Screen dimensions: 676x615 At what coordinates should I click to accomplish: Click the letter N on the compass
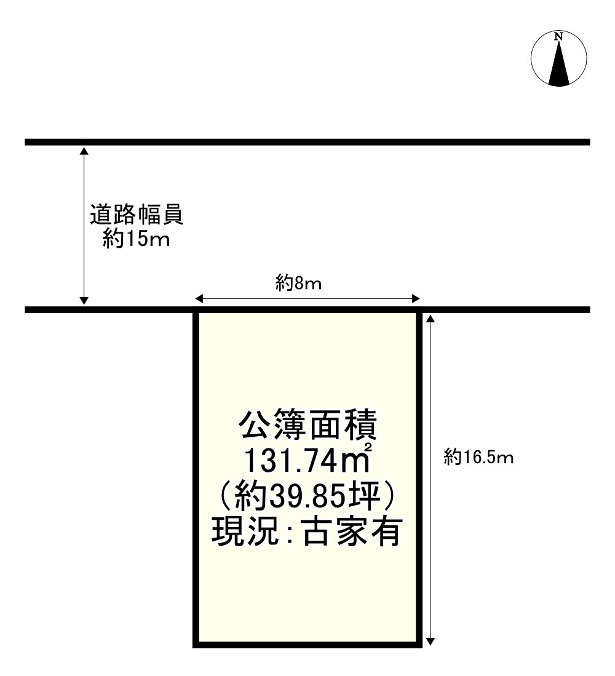click(558, 37)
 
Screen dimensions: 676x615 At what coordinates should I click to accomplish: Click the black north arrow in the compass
click(558, 64)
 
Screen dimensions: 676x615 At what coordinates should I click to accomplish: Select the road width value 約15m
click(137, 239)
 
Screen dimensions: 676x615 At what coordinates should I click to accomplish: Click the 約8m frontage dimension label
click(299, 284)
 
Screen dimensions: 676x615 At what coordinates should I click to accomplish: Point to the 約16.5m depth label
click(478, 457)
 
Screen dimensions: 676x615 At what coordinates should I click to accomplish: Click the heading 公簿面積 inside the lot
click(307, 426)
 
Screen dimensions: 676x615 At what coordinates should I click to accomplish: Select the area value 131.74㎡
click(307, 460)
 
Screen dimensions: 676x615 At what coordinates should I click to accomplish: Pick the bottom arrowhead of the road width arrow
click(84, 301)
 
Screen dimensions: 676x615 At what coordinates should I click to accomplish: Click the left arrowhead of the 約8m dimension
click(199, 299)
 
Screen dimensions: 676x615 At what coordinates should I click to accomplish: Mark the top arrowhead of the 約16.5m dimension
click(430, 318)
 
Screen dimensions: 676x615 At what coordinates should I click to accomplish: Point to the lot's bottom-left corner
click(196, 645)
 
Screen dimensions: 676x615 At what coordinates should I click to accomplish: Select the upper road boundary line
click(307, 142)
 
